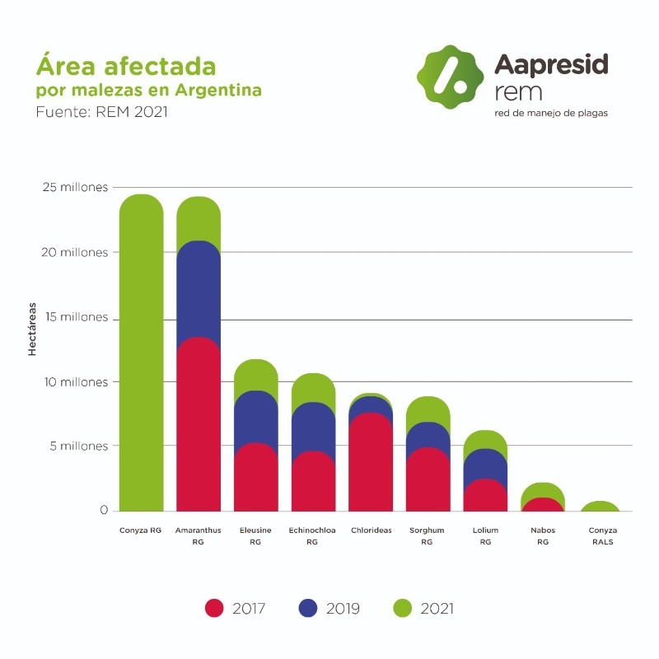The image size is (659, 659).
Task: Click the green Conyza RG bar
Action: point(141,354)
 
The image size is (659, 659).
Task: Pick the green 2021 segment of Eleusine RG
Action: point(255,375)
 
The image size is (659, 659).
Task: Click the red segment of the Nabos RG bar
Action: point(543,504)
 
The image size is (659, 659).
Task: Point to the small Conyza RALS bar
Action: point(601,506)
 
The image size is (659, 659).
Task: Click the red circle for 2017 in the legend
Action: point(214,608)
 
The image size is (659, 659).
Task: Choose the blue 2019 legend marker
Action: point(308,608)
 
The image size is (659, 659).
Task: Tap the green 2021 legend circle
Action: point(402,608)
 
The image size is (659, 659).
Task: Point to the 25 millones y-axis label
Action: point(74,188)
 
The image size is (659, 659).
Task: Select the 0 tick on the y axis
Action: point(104,510)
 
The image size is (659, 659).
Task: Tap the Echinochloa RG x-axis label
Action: point(311,535)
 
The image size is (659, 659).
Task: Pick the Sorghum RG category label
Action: point(427,535)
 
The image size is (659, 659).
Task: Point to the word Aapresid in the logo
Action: point(551,64)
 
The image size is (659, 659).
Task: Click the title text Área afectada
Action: point(126,66)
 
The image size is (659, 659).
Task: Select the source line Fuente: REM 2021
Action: point(101,112)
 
